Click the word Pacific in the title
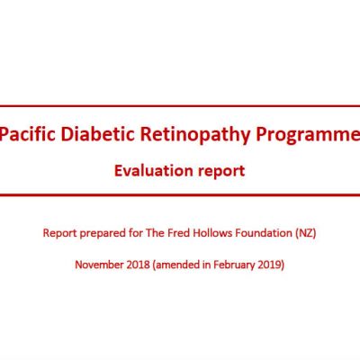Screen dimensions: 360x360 click(x=28, y=134)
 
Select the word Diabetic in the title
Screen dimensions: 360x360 click(x=98, y=134)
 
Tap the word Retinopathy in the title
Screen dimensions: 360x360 click(x=195, y=135)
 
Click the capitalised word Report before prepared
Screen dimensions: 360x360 click(x=59, y=233)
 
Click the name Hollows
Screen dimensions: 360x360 click(x=212, y=233)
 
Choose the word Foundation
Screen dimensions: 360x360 click(x=264, y=233)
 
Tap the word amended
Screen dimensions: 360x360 click(x=176, y=265)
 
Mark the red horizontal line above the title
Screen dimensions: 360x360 click(x=180, y=106)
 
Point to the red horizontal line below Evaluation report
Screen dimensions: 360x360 click(x=180, y=195)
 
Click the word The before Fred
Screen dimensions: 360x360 click(x=155, y=233)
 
